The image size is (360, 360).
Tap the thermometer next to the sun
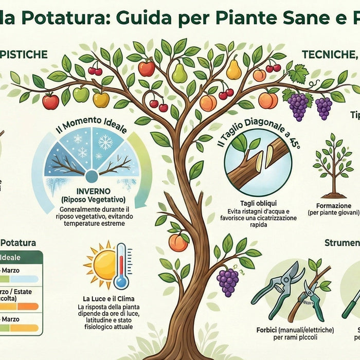[x=122, y=266]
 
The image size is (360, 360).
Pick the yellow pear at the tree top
[x=234, y=69]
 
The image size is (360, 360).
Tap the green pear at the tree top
[x=179, y=73]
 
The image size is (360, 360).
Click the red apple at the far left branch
[x=50, y=101]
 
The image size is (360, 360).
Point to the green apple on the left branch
[x=81, y=94]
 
